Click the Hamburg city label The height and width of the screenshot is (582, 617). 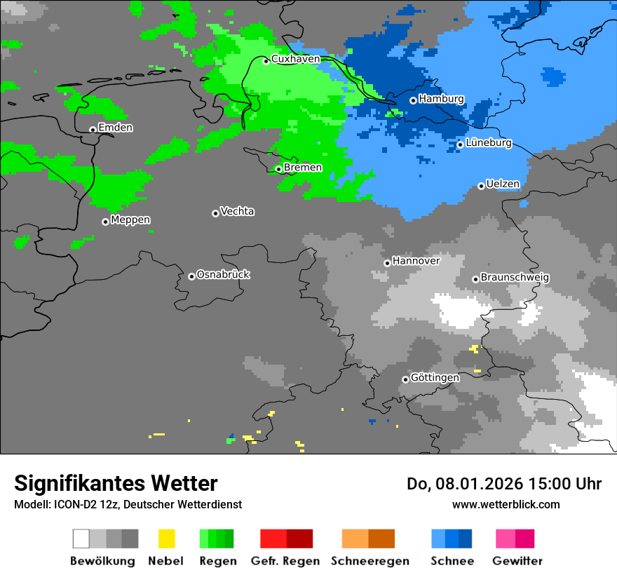coord(441,99)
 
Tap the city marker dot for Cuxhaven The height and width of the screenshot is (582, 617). coord(266,61)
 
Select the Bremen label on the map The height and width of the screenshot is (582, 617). coord(303,168)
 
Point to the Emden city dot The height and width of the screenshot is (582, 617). coord(93,129)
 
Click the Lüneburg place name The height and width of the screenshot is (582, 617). coord(489,143)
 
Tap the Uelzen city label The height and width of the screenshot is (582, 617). coord(503,184)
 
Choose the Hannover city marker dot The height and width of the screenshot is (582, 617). coord(387,263)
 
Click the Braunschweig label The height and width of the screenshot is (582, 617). coord(515,278)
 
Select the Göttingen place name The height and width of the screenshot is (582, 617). coord(435,378)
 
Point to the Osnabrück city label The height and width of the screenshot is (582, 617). coord(223,275)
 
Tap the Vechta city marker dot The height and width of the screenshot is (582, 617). coord(215,213)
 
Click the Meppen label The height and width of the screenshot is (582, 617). coord(130,220)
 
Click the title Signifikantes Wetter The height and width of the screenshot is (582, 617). coord(116,483)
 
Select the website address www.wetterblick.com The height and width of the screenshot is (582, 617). coord(506,504)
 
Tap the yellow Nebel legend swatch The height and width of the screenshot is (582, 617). coord(166,539)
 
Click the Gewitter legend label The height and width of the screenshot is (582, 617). coord(517,561)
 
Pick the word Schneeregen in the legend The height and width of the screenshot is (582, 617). coord(369,561)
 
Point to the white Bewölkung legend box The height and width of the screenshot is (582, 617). coord(81,539)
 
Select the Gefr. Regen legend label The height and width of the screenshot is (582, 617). coord(285,561)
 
